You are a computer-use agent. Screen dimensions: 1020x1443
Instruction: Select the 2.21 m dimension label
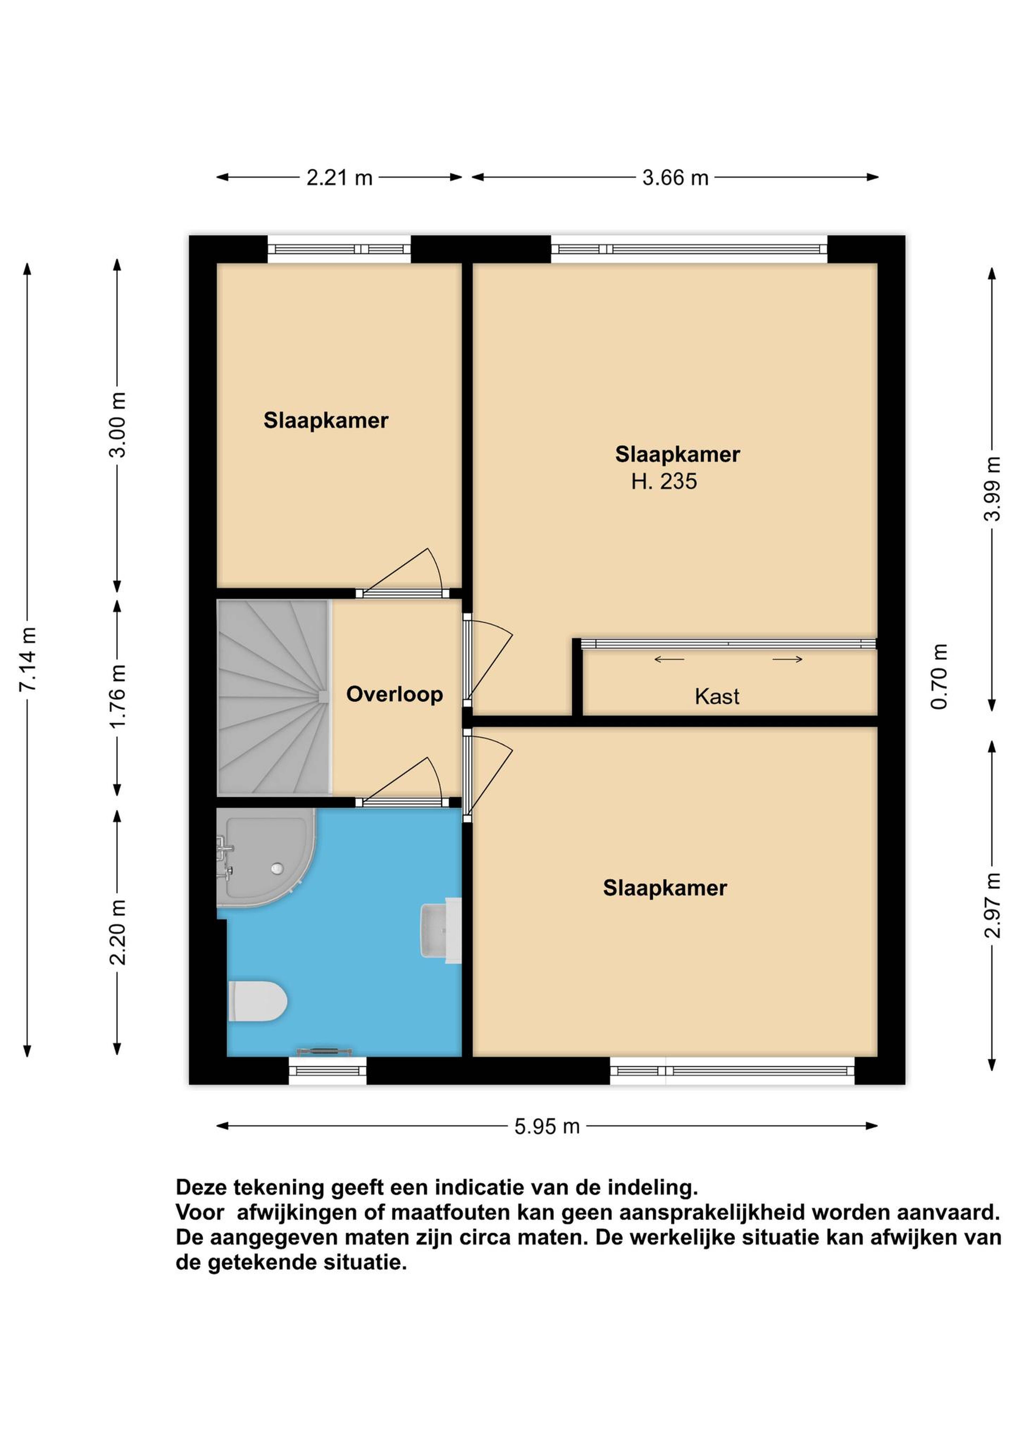pos(339,178)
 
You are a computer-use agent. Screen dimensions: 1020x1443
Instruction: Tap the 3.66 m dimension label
pos(675,178)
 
